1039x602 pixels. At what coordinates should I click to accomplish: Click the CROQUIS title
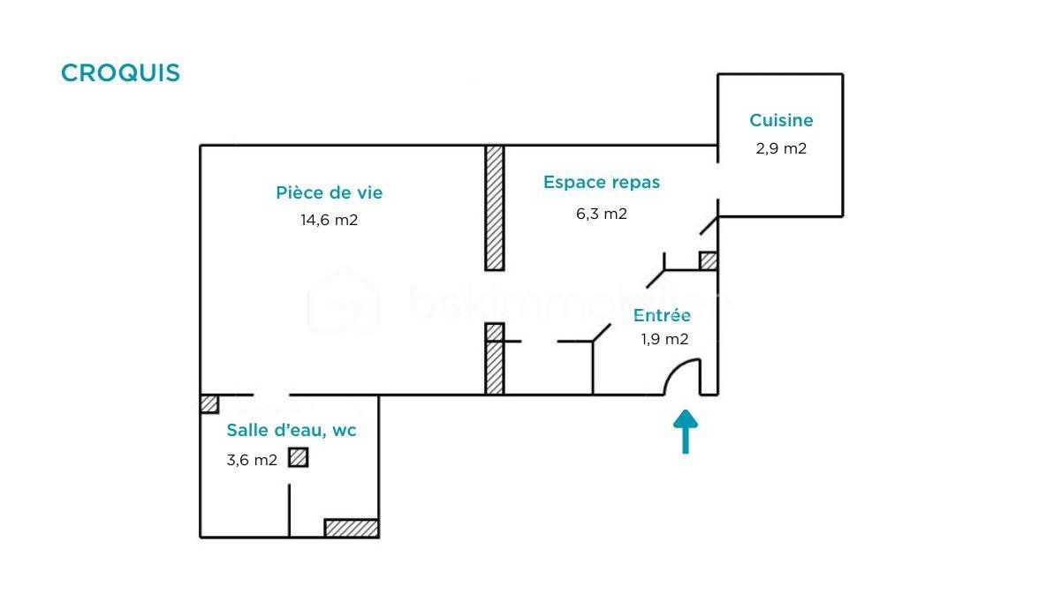tap(120, 73)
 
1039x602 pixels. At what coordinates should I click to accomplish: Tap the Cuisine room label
tap(781, 120)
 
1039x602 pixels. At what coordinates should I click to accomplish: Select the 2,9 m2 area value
tap(781, 148)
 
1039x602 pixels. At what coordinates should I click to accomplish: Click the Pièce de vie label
tap(330, 192)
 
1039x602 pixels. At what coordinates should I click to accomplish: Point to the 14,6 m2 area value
tap(330, 220)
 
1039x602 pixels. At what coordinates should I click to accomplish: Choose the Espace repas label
tap(602, 183)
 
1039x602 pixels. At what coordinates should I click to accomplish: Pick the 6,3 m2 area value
tap(602, 213)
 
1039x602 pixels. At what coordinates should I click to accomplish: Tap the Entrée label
tap(662, 315)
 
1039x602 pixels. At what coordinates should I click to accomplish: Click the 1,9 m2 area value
tap(664, 339)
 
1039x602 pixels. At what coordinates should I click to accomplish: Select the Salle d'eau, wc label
tap(292, 431)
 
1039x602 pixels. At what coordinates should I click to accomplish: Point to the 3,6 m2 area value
tap(252, 460)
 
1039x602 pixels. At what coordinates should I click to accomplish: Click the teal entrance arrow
tap(686, 432)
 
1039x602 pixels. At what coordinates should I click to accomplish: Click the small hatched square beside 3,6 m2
tap(299, 457)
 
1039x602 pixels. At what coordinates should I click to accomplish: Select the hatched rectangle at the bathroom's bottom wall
tap(352, 528)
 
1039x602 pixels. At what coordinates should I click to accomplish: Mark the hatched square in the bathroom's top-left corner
tap(209, 403)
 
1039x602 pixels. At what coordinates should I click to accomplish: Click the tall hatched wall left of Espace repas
tap(495, 207)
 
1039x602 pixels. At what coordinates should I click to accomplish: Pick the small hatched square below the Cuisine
tap(708, 260)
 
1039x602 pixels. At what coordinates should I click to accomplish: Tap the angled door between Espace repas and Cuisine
tap(709, 224)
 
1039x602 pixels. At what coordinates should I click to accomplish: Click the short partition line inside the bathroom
tap(290, 509)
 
